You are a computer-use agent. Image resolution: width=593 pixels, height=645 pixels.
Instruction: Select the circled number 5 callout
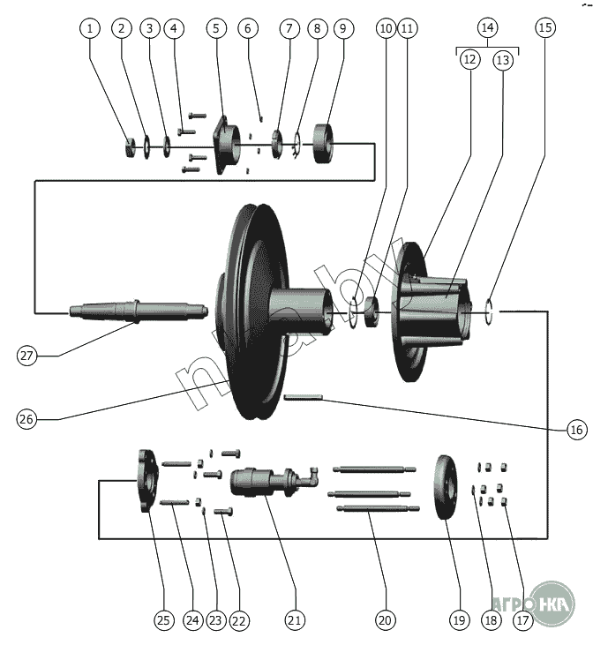(x=216, y=28)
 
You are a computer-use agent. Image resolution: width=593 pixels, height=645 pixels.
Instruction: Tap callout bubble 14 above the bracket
(x=486, y=27)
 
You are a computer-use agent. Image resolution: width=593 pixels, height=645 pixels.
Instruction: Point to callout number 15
(x=546, y=27)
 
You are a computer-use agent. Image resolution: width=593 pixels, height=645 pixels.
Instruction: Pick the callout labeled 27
(x=28, y=356)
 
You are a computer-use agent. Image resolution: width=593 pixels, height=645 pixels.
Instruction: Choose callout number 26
(x=28, y=419)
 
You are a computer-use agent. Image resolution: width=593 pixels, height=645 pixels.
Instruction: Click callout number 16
(x=576, y=430)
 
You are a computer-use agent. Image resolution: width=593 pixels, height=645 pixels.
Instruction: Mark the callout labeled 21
(x=295, y=620)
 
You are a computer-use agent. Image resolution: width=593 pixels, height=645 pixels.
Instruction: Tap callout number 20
(x=384, y=620)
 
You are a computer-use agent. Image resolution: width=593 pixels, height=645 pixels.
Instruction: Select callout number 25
(x=163, y=620)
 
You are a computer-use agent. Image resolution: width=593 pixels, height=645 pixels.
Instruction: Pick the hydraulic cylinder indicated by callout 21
(x=260, y=481)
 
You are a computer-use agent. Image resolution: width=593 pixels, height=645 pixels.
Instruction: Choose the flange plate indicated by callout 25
(x=146, y=480)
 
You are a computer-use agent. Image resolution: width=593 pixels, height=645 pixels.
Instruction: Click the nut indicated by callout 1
(x=130, y=146)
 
